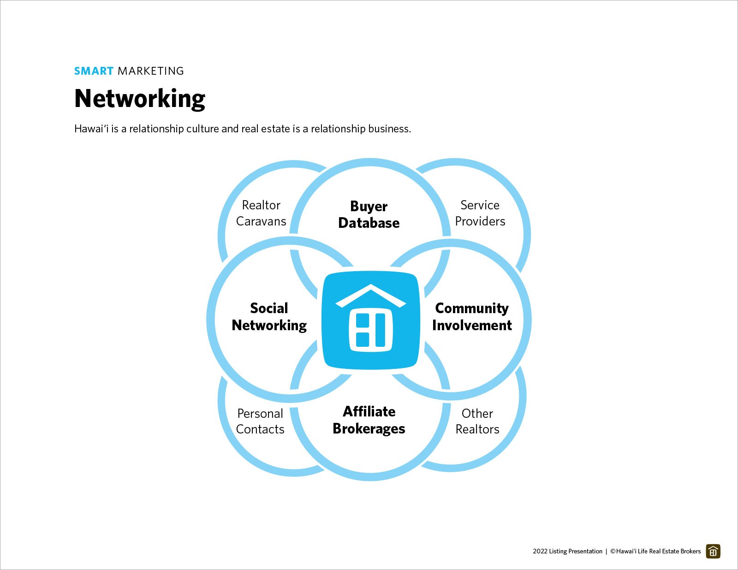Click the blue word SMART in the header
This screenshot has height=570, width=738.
[x=94, y=71]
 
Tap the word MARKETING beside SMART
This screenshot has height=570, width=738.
[x=151, y=71]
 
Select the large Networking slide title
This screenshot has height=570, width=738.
[x=140, y=99]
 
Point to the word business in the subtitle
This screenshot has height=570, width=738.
[x=391, y=129]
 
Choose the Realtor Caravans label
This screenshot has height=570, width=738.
[x=261, y=213]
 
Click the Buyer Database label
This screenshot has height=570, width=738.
[x=369, y=214]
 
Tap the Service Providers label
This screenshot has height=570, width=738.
[x=480, y=213]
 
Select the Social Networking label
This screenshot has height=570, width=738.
[x=269, y=317]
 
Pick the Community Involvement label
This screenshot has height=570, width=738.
[x=472, y=317]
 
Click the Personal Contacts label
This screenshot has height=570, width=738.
[x=260, y=421]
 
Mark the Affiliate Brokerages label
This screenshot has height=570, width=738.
[x=369, y=420]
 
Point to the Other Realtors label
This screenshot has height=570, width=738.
[x=477, y=421]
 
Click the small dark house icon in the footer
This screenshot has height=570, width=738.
[x=713, y=551]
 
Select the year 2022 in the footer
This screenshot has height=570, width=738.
[x=540, y=551]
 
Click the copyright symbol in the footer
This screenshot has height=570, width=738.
[x=613, y=551]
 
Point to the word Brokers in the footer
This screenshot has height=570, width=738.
[x=690, y=551]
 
